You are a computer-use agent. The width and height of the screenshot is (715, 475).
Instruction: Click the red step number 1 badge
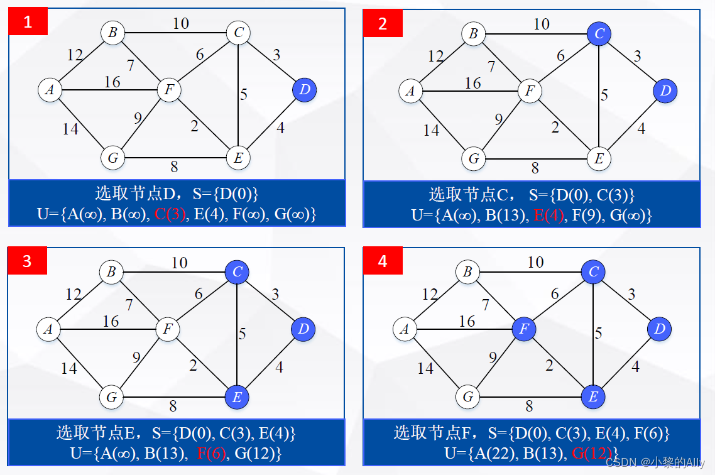pyautogui.click(x=28, y=23)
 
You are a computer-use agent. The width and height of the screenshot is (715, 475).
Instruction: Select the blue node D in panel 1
pyautogui.click(x=305, y=90)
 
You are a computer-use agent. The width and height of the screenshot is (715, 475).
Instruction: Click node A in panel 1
pyautogui.click(x=50, y=90)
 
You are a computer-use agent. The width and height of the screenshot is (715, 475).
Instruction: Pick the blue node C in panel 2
pyautogui.click(x=599, y=34)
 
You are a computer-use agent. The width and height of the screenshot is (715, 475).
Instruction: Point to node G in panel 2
pyautogui.click(x=474, y=158)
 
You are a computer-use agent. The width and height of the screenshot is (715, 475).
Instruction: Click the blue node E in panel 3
pyautogui.click(x=237, y=396)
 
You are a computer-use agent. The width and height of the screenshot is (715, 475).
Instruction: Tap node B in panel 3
pyautogui.click(x=112, y=272)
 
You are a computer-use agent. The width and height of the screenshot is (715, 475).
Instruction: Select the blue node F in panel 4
pyautogui.click(x=523, y=329)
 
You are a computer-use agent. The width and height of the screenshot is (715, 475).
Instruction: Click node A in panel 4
pyautogui.click(x=405, y=329)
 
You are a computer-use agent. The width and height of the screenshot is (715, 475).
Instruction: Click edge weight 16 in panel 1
pyautogui.click(x=112, y=82)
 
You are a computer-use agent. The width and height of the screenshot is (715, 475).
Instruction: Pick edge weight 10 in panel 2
pyautogui.click(x=541, y=25)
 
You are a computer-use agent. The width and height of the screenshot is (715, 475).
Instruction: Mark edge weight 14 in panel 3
pyautogui.click(x=69, y=368)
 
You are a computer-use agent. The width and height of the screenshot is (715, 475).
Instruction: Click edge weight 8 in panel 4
pyautogui.click(x=529, y=407)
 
